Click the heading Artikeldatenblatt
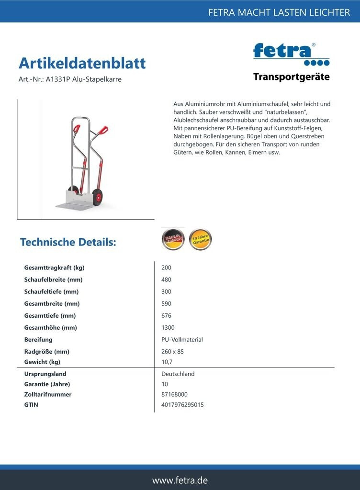(82, 63)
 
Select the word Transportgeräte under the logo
(291, 77)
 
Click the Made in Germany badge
(173, 239)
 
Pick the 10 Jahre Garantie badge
(200, 239)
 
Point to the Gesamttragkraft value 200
(167, 267)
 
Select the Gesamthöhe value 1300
(168, 328)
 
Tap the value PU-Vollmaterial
(182, 340)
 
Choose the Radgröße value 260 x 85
(173, 352)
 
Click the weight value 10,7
(167, 362)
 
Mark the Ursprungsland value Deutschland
(178, 374)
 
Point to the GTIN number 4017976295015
(183, 405)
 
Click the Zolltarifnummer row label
(48, 394)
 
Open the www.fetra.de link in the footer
(180, 480)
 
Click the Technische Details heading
(68, 242)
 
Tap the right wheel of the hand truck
(98, 197)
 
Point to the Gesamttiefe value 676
(167, 316)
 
